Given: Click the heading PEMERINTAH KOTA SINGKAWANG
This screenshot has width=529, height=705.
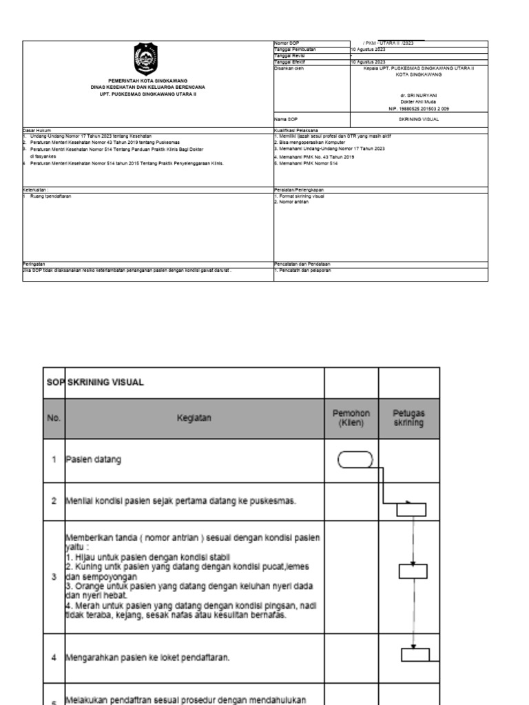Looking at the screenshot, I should pyautogui.click(x=148, y=81).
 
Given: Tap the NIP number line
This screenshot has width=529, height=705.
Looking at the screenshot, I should pyautogui.click(x=419, y=108).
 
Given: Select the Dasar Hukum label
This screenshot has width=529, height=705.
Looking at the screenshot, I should pyautogui.click(x=36, y=130).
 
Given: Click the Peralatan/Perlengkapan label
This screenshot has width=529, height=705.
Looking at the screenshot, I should pyautogui.click(x=299, y=191).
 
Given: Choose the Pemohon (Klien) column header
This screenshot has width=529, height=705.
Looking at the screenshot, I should pyautogui.click(x=355, y=418).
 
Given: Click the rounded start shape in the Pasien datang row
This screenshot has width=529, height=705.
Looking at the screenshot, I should pyautogui.click(x=355, y=460).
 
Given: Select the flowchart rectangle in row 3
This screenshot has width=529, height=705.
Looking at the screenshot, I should pyautogui.click(x=413, y=571).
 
